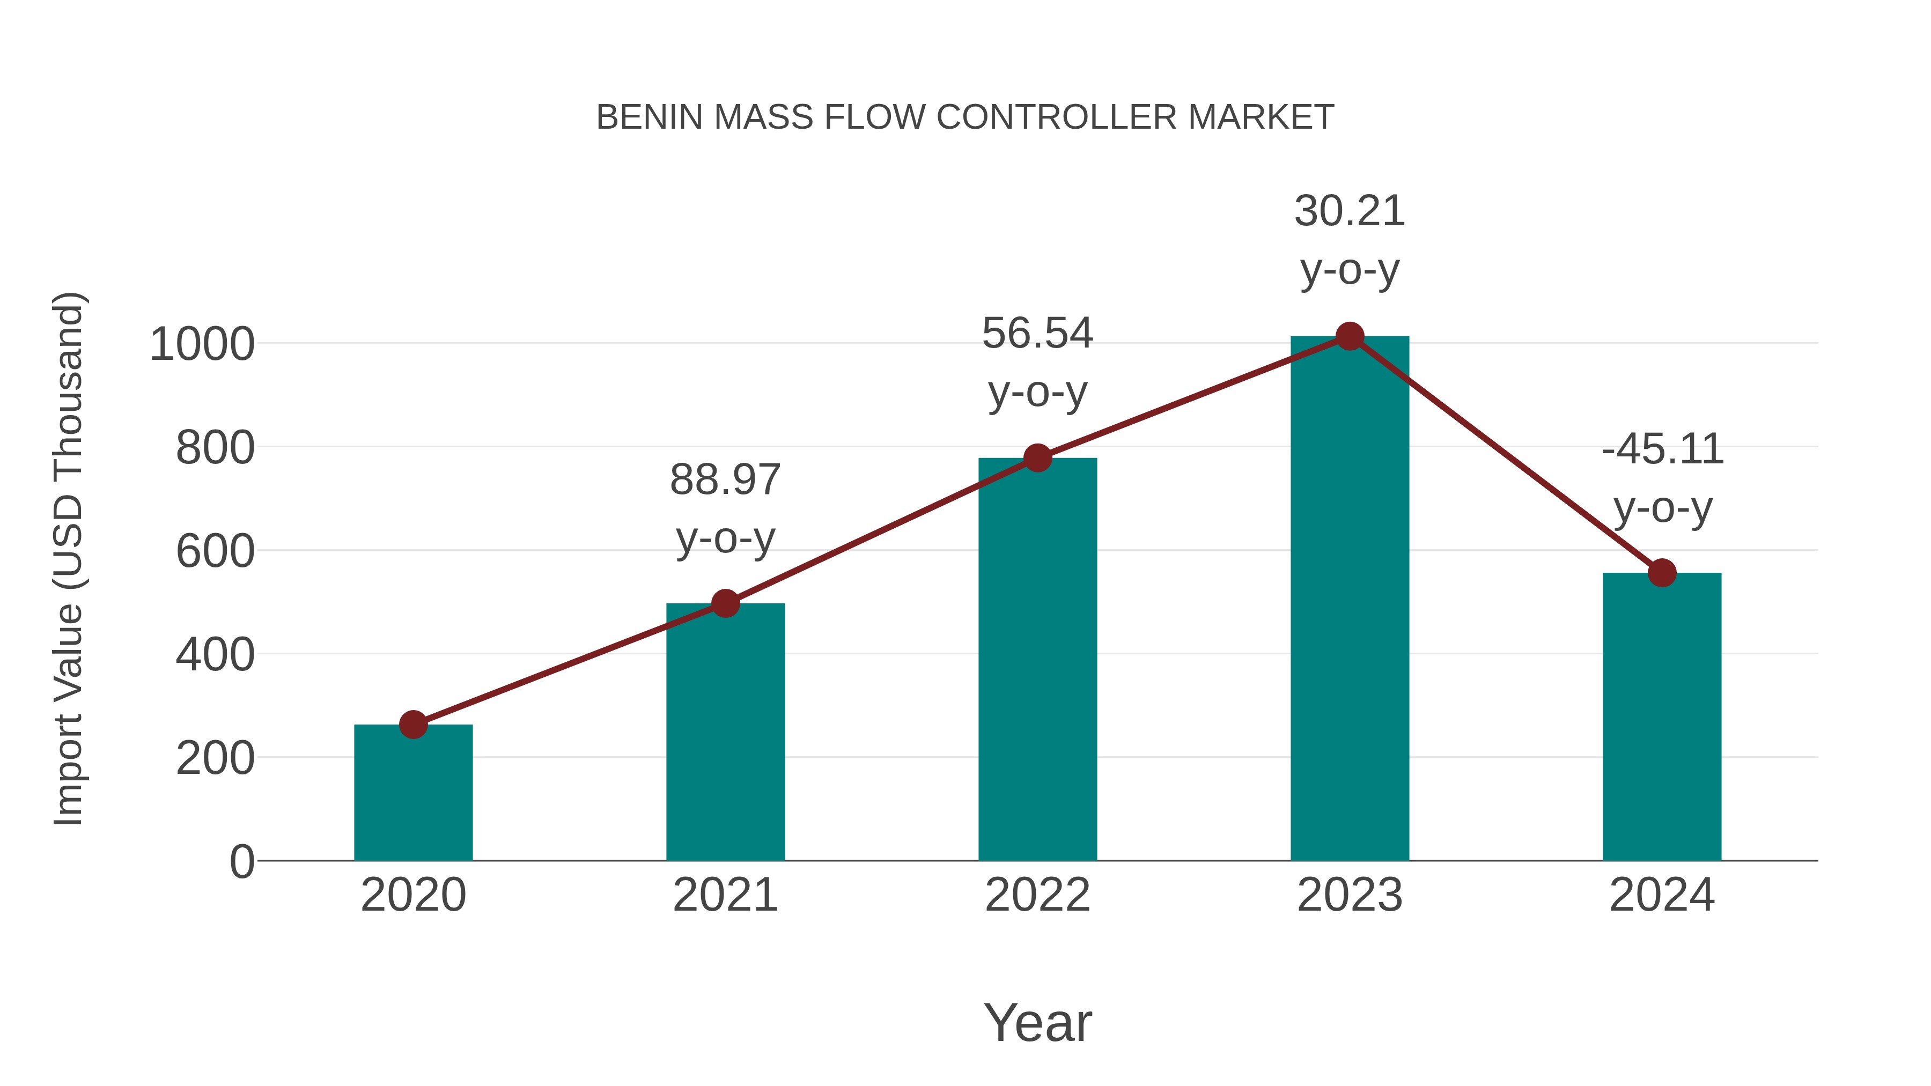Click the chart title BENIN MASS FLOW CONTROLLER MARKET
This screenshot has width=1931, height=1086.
coord(965,117)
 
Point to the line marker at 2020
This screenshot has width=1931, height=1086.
coord(413,725)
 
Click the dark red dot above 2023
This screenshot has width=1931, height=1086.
coord(1350,336)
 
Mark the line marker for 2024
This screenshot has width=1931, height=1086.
coord(1662,573)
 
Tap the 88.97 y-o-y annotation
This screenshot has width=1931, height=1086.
coord(725,509)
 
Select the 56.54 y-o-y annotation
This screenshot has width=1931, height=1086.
coord(1037,362)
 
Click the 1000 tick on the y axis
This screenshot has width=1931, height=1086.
coord(202,345)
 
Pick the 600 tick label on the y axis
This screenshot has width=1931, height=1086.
coord(215,552)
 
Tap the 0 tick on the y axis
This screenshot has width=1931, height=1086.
coord(241,862)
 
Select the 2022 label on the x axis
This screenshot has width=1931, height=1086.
coord(1037,895)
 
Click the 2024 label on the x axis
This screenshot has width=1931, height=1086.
coord(1662,895)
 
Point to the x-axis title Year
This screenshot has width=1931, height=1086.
coord(1037,1022)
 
